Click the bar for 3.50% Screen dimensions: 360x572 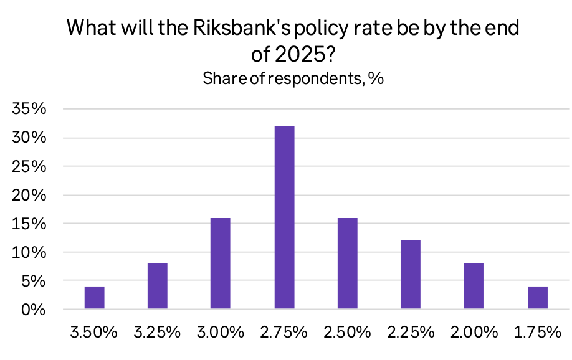click(x=94, y=298)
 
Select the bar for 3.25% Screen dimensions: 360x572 click(x=158, y=287)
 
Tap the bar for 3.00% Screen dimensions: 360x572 click(x=221, y=263)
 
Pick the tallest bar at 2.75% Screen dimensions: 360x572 click(x=284, y=217)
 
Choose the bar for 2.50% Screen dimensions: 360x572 click(x=347, y=263)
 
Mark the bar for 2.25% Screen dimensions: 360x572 click(x=411, y=275)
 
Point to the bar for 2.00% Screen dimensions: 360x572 click(x=474, y=287)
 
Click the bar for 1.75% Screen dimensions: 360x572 click(x=537, y=298)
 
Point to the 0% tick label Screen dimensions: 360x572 click(x=34, y=310)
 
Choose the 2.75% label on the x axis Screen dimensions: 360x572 click(x=284, y=332)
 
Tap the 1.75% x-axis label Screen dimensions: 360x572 click(x=537, y=332)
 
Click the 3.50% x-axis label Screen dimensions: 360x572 click(x=94, y=332)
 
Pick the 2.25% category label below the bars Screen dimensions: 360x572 click(x=411, y=332)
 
